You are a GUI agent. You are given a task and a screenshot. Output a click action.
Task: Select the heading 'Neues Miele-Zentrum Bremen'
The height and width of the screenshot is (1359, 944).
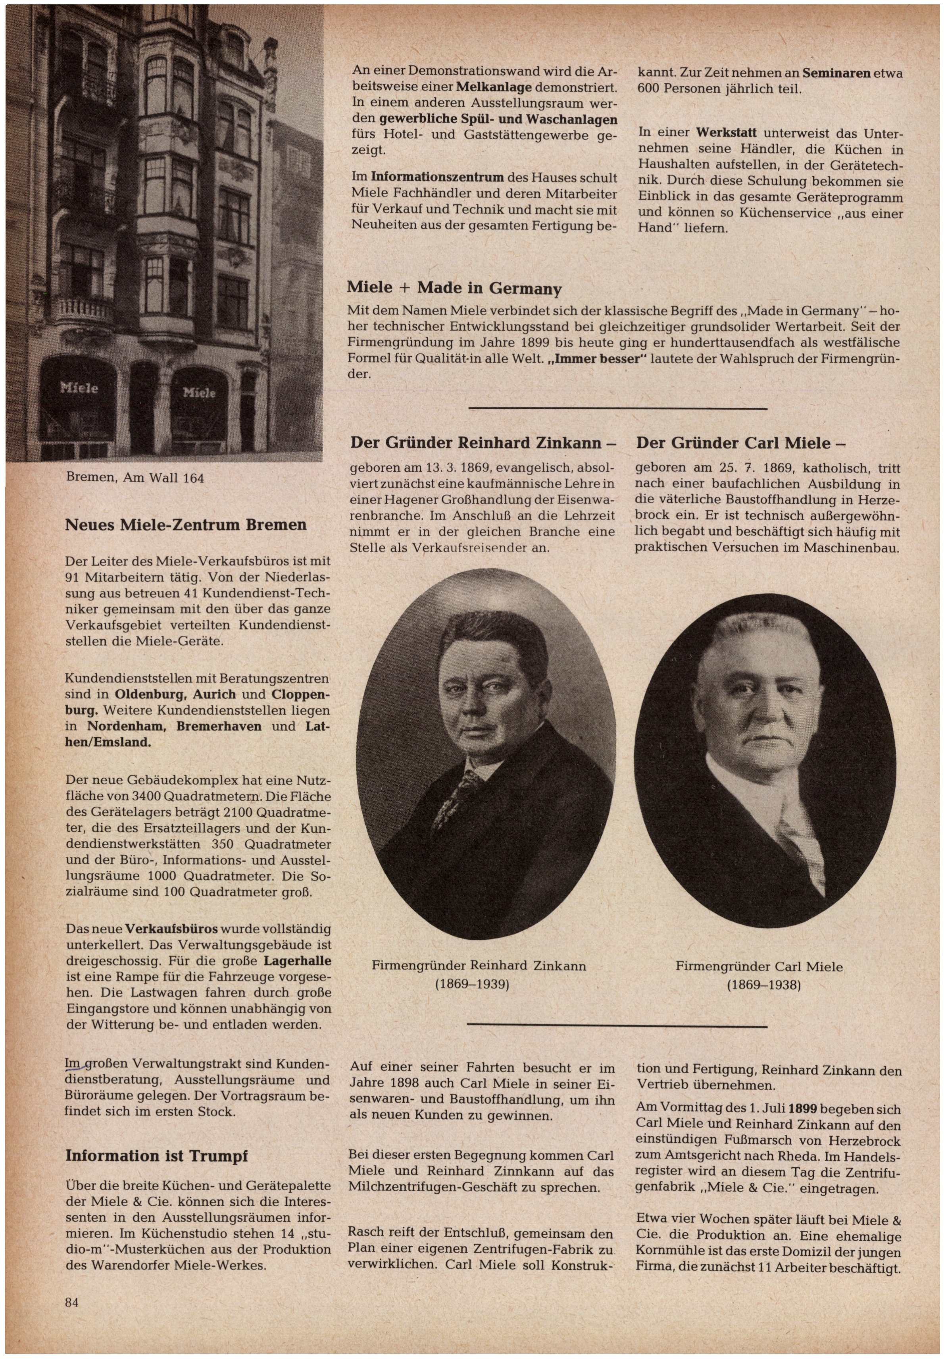tap(186, 525)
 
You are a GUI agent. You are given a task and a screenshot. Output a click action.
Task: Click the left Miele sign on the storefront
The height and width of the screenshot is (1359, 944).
tap(79, 388)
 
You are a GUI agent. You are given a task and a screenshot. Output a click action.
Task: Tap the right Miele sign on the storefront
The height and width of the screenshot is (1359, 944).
tap(199, 392)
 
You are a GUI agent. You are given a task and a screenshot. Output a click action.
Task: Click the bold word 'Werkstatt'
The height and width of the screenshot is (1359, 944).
tap(729, 133)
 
